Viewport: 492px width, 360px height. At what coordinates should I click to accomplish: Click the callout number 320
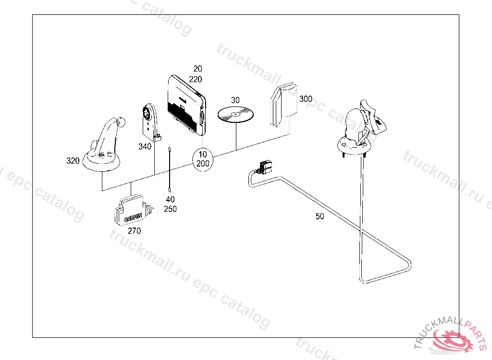73,161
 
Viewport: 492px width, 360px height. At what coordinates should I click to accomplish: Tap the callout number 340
145,146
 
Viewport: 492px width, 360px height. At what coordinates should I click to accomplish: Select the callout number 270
134,231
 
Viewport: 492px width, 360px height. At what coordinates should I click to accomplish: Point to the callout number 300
306,99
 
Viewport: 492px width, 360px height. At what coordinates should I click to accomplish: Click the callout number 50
320,216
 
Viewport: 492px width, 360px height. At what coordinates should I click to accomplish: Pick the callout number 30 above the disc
235,100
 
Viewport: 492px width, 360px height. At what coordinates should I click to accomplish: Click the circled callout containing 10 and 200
203,159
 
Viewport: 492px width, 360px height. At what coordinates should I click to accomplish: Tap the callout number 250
170,209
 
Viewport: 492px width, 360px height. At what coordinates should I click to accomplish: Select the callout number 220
195,79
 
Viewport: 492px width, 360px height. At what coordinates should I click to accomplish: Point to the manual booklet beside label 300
283,105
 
